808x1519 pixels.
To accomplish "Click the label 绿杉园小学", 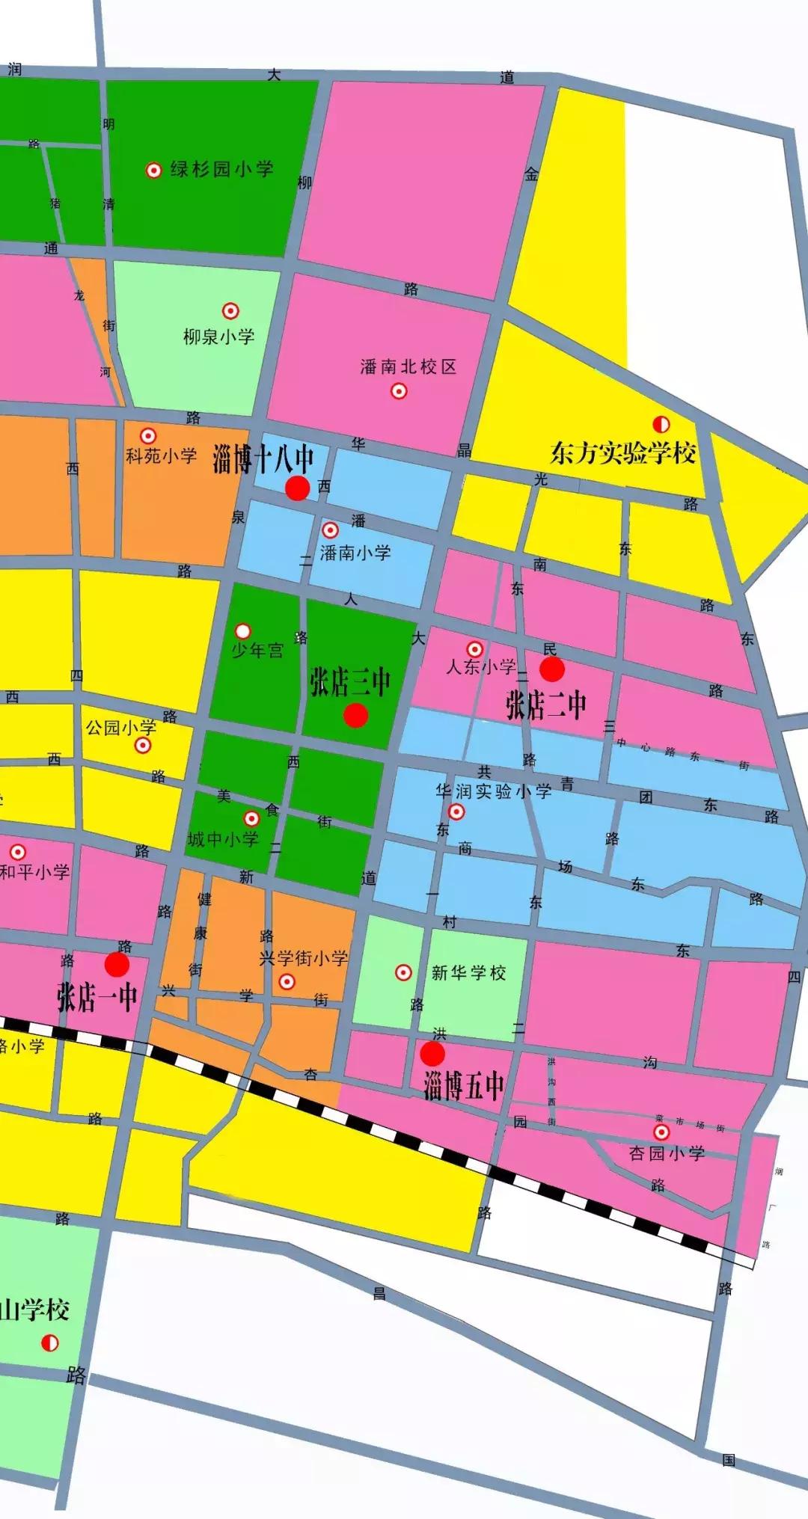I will (x=221, y=169).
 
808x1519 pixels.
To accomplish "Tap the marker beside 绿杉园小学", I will (x=153, y=171).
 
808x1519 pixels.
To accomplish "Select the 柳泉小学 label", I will (x=218, y=337).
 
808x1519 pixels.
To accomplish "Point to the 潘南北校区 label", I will (x=408, y=366).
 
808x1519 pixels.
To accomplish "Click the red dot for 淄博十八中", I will (x=297, y=488).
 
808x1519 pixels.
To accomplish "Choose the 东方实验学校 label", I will (x=622, y=453).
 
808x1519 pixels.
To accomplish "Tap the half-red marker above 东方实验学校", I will (x=661, y=425).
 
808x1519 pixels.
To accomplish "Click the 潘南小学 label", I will (x=355, y=553).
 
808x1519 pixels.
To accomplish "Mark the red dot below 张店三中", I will (x=355, y=715).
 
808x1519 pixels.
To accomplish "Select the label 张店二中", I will (x=545, y=705).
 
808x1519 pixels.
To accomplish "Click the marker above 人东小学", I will (x=474, y=649).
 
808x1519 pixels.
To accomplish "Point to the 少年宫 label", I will (x=257, y=651).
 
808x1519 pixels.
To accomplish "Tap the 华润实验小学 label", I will (x=494, y=791).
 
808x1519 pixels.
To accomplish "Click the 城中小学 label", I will (x=223, y=839).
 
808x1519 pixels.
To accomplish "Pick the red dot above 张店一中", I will (x=117, y=965).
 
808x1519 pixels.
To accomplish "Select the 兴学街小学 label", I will (x=303, y=958).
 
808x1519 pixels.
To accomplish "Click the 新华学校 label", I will (x=468, y=972).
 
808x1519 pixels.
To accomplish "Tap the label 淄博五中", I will (x=463, y=1086).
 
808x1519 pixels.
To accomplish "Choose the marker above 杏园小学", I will (x=661, y=1132).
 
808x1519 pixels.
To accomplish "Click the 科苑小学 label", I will (x=161, y=455).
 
